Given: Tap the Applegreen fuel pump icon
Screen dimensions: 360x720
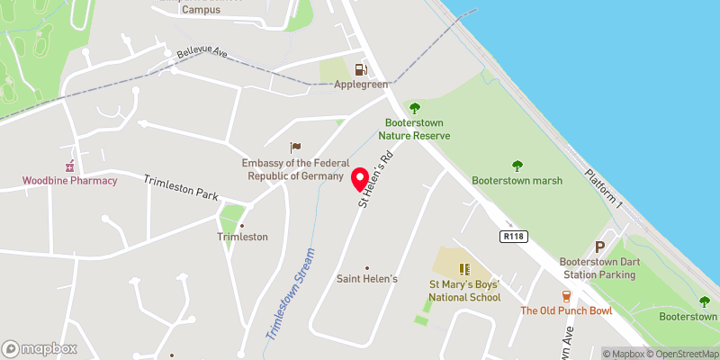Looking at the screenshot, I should pos(361,68).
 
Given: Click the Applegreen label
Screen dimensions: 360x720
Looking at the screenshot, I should pos(361,85).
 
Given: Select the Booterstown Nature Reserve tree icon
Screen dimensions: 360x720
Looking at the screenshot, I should pos(415,107).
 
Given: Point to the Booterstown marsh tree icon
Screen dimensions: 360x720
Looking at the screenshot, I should pos(517,166).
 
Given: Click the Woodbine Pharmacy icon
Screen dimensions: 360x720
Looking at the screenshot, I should pos(69,166).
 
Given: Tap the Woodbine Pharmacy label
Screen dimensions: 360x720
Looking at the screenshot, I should pos(70,181).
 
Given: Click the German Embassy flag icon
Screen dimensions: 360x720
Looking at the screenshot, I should pos(294,148).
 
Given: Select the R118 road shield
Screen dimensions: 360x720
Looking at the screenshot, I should pos(513,235).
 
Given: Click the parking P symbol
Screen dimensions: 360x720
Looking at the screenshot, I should pos(600,247).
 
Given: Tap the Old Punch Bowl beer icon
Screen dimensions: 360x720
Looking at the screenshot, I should pos(566,296).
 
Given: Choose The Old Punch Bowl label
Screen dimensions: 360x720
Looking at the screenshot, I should pos(566,311).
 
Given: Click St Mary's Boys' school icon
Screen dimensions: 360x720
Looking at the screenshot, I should pos(464,268).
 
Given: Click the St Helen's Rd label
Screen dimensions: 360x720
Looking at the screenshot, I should pos(377,180).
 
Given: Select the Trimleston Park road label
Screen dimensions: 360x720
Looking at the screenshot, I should pos(182,188).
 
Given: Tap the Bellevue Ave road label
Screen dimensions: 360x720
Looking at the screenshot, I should pos(202,55).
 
